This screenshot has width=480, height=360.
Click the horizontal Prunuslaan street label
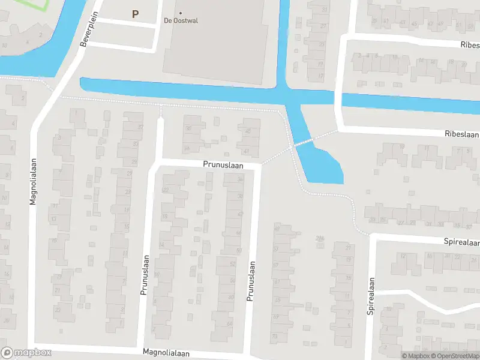click(x=222, y=163)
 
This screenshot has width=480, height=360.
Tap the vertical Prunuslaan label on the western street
click(x=144, y=274)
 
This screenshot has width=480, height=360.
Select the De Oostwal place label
click(x=181, y=20)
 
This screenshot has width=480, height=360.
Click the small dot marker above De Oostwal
click(x=181, y=13)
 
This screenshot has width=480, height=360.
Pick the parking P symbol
click(x=135, y=14)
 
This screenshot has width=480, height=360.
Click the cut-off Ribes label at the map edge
click(x=470, y=45)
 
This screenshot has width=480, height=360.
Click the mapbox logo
click(x=26, y=353)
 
